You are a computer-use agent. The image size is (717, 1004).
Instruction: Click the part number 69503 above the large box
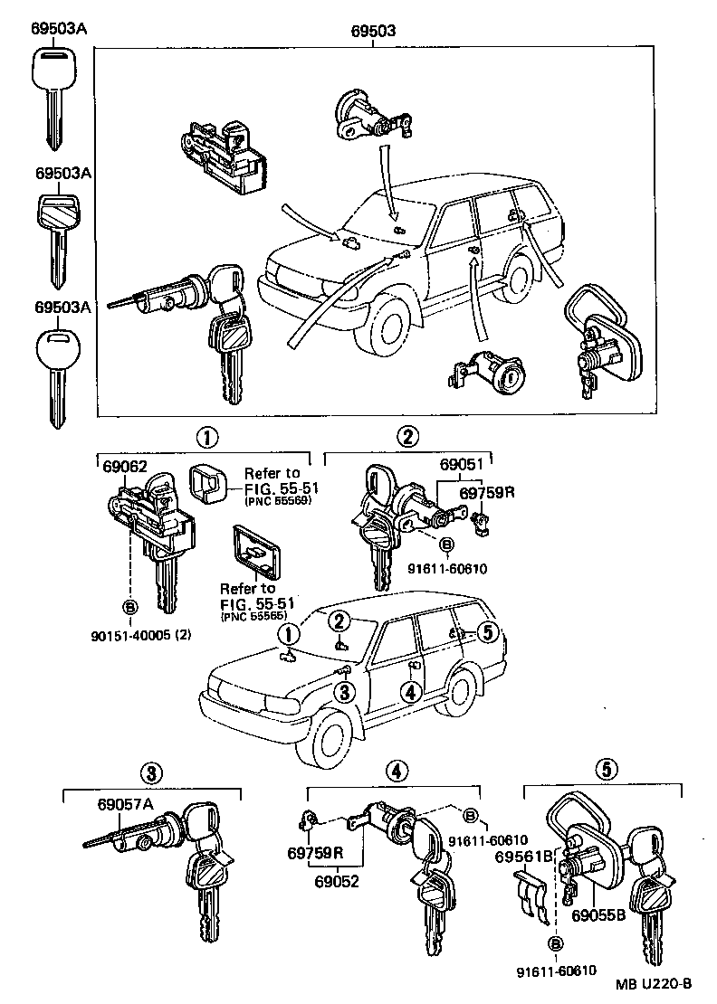pos(372,31)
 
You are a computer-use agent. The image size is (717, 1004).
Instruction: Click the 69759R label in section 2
pos(486,493)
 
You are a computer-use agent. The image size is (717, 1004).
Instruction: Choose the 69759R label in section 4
pos(316,853)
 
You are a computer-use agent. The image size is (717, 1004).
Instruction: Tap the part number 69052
pos(335,879)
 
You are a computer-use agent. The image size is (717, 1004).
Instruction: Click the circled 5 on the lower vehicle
pos(486,632)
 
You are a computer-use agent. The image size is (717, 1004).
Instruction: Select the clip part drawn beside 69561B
pos(533,895)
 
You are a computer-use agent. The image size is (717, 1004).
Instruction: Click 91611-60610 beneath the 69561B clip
pos(556,971)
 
